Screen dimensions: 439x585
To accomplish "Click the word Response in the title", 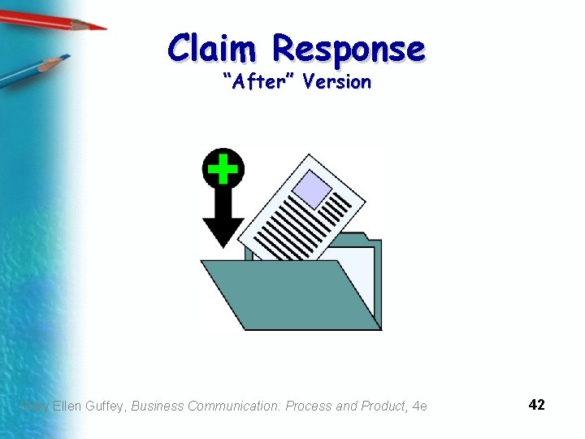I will [x=348, y=50].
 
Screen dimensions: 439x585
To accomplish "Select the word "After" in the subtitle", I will [x=258, y=82].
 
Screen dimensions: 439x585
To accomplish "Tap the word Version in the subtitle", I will [x=336, y=82].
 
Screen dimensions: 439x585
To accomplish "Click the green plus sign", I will [x=222, y=169].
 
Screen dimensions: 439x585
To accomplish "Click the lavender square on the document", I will [x=311, y=191].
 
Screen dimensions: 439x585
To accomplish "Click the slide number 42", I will [x=536, y=405].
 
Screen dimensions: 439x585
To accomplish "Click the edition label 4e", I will [x=419, y=406].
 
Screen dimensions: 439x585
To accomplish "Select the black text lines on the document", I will [x=301, y=224].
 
